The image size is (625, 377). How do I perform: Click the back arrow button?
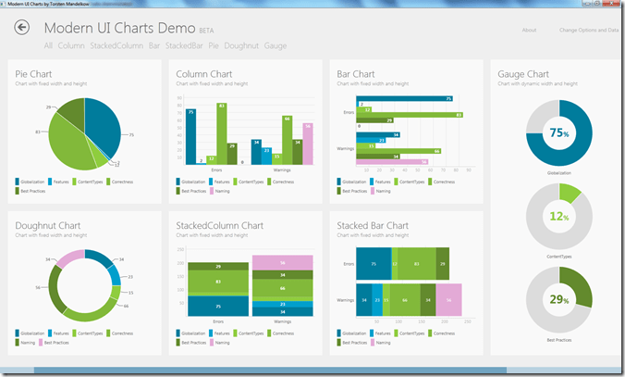pyautogui.click(x=22, y=28)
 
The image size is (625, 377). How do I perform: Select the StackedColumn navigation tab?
pyautogui.click(x=116, y=45)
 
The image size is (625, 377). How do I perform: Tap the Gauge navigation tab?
pyautogui.click(x=276, y=45)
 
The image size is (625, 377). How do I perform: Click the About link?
pyautogui.click(x=529, y=30)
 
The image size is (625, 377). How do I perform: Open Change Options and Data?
pyautogui.click(x=589, y=30)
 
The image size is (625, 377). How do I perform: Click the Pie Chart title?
pyautogui.click(x=34, y=73)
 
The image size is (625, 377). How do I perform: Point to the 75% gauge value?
pyautogui.click(x=558, y=132)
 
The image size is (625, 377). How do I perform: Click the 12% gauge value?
pyautogui.click(x=558, y=217)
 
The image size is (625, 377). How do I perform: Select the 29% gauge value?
pyautogui.click(x=558, y=301)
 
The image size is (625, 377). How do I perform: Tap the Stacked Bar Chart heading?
pyautogui.click(x=373, y=225)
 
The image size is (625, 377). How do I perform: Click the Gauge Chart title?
pyautogui.click(x=523, y=73)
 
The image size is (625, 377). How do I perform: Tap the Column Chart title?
pyautogui.click(x=203, y=73)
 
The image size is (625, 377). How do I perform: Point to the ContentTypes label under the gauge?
pyautogui.click(x=558, y=257)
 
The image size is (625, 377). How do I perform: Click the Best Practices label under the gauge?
pyautogui.click(x=558, y=341)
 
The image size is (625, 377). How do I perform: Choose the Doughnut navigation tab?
pyautogui.click(x=242, y=45)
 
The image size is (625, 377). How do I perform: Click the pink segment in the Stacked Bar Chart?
pyautogui.click(x=448, y=300)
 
